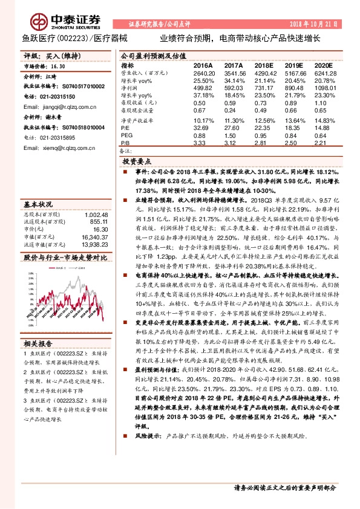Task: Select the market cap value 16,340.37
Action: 96,238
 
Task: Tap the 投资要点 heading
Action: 136,163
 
